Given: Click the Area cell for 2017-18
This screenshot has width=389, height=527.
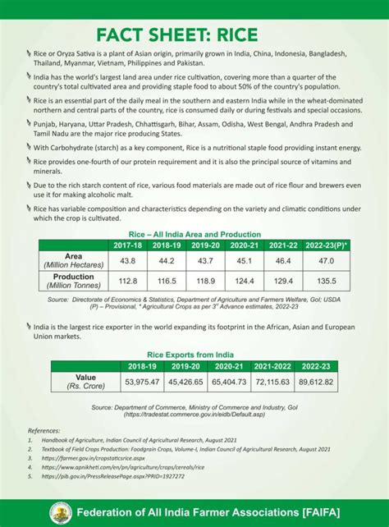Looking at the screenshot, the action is [127, 260].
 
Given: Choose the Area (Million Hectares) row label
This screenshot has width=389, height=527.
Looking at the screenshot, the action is [72, 260].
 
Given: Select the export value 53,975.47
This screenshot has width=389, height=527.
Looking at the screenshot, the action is [141, 382].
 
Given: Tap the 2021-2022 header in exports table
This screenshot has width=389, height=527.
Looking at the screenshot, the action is [272, 366].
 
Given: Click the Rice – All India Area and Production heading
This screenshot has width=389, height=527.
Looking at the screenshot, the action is [194, 234].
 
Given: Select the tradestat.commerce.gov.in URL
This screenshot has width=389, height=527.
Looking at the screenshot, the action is [194, 415].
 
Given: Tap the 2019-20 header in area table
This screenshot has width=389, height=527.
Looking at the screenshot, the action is [177, 245].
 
